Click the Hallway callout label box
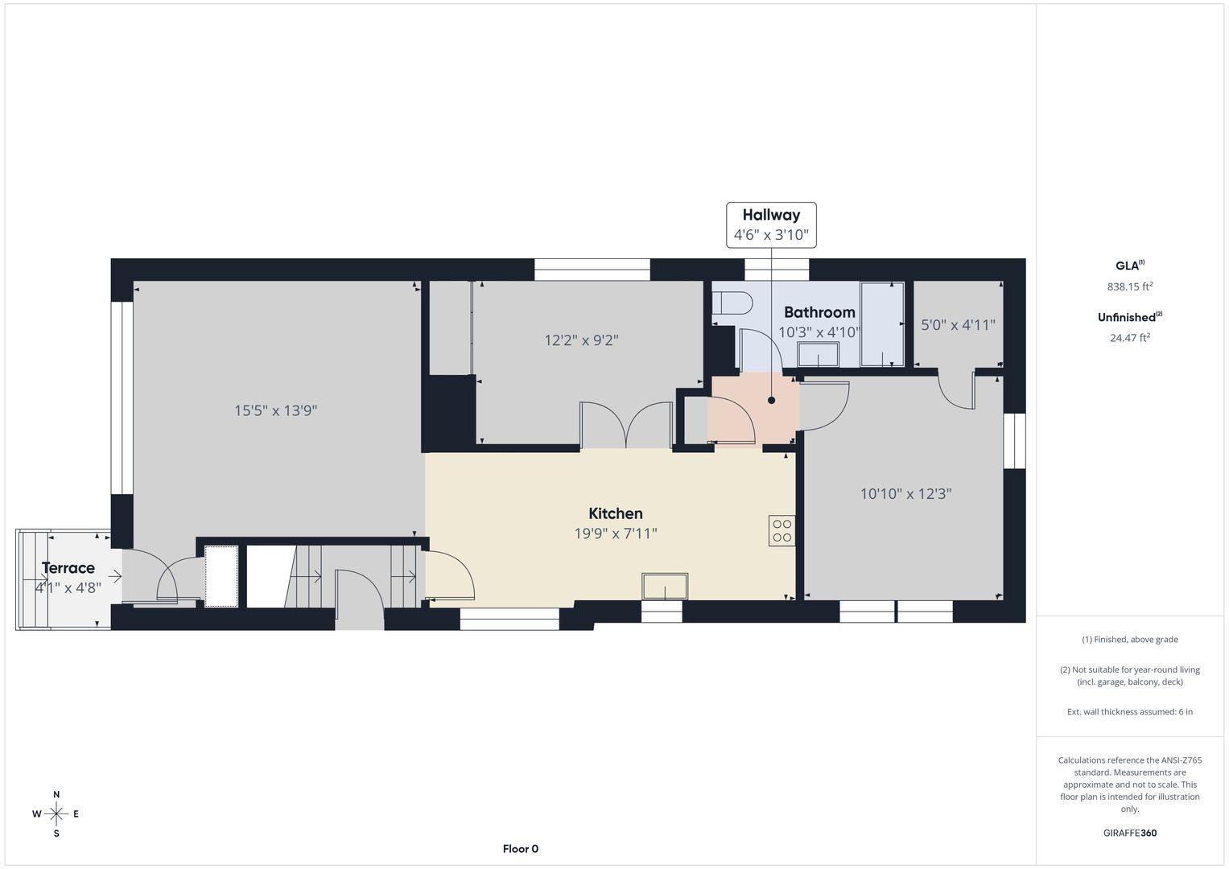point(771,225)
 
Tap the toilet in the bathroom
point(732,303)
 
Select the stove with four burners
point(782,530)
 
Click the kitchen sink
point(665,587)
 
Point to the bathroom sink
point(818,354)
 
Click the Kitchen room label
point(616,513)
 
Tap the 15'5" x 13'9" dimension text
point(276,410)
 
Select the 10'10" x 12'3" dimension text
point(905,494)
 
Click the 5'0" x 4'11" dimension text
point(958,325)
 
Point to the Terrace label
point(68,568)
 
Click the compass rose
point(56,814)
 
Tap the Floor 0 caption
point(521,849)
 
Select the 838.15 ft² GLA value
point(1130,286)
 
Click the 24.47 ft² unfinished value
point(1130,337)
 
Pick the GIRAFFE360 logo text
point(1130,833)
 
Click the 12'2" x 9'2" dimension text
point(581,340)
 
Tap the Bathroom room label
point(819,312)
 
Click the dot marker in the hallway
point(771,401)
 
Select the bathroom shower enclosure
point(882,323)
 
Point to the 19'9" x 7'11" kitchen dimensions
point(616,533)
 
